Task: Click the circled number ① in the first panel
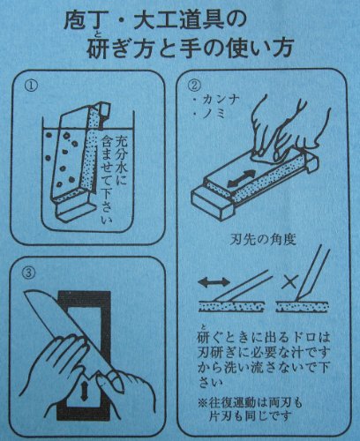[31, 86]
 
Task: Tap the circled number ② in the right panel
[194, 86]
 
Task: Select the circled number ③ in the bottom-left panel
[29, 273]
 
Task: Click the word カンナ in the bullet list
[219, 101]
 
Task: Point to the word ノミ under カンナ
[214, 114]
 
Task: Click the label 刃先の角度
[262, 240]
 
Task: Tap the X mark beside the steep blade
[289, 283]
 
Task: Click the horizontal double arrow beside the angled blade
[214, 282]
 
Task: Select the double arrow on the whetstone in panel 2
[241, 179]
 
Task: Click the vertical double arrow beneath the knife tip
[84, 391]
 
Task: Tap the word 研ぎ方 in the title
[124, 48]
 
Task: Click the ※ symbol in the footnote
[203, 403]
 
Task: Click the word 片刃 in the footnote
[221, 416]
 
